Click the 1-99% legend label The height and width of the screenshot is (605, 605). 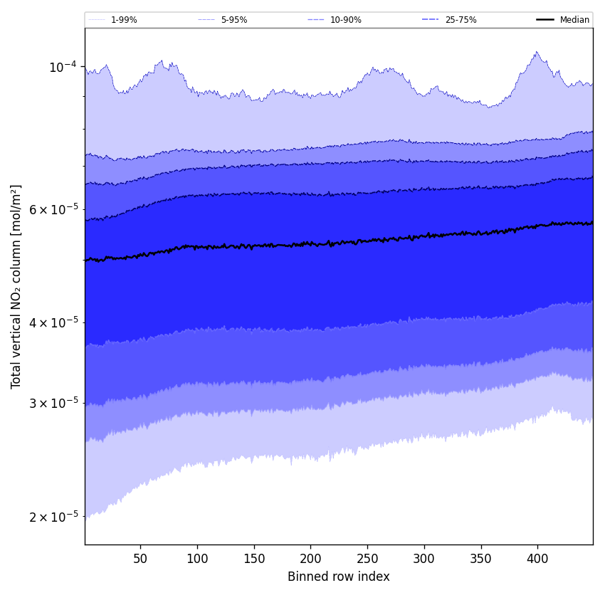click(x=124, y=20)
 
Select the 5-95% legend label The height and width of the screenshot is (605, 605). click(x=234, y=20)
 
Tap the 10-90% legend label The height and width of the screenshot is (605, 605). click(x=345, y=20)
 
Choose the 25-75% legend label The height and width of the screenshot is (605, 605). click(x=461, y=20)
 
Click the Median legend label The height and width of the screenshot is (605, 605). click(x=574, y=20)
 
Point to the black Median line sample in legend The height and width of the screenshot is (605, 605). click(x=545, y=20)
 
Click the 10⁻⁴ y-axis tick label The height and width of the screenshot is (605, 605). click(x=63, y=67)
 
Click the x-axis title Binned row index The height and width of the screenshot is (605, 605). click(x=339, y=577)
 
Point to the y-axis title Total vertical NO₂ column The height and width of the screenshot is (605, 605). click(x=16, y=286)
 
